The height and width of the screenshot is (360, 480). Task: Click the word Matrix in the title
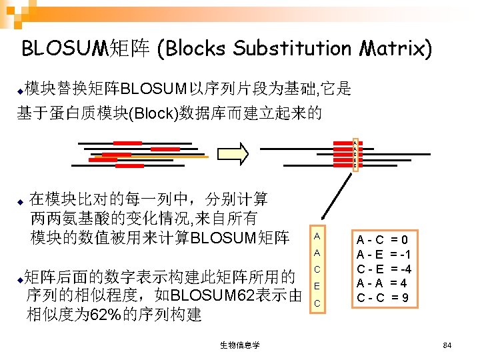tap(395, 49)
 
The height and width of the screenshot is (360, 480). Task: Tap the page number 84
tap(447, 345)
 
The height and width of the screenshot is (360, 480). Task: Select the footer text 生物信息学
tap(240, 345)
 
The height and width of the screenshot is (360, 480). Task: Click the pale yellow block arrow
tap(233, 154)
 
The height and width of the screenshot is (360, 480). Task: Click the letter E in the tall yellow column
tap(317, 285)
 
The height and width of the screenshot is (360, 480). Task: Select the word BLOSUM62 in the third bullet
tap(207, 296)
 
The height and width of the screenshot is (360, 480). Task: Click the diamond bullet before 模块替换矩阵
tap(19, 90)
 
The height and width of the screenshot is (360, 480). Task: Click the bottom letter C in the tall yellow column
tap(317, 303)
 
